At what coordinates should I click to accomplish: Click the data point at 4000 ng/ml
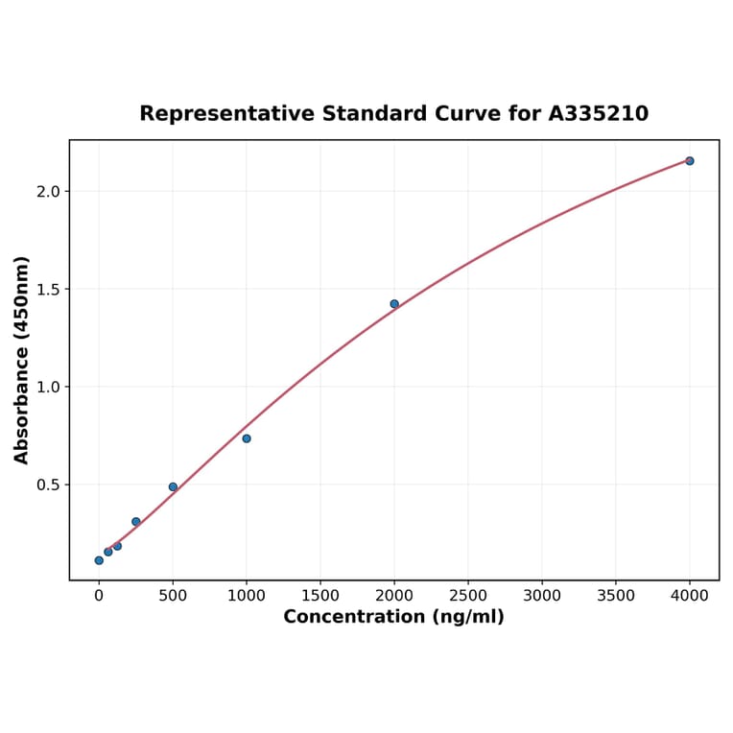[689, 161]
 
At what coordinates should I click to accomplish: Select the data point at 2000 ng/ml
[394, 304]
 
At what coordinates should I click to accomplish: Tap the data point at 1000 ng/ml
[247, 438]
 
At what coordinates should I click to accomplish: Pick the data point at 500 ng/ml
[173, 486]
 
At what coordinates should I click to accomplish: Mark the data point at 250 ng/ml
[136, 522]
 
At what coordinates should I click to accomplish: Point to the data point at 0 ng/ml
[99, 560]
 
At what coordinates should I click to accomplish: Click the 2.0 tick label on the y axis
[48, 192]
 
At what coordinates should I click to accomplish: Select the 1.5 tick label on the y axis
[48, 290]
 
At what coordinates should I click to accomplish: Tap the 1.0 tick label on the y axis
[48, 388]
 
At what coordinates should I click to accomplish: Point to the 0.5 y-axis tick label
[48, 485]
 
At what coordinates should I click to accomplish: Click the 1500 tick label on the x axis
[320, 596]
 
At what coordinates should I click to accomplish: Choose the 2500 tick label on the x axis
[468, 596]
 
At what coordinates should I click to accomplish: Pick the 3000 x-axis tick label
[542, 596]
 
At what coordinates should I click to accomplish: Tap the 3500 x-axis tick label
[616, 596]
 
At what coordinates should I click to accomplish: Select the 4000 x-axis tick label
[690, 596]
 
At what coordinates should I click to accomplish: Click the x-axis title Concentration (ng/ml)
[393, 617]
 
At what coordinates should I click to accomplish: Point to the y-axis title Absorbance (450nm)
[22, 360]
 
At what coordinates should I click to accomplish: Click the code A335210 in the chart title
[599, 114]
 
